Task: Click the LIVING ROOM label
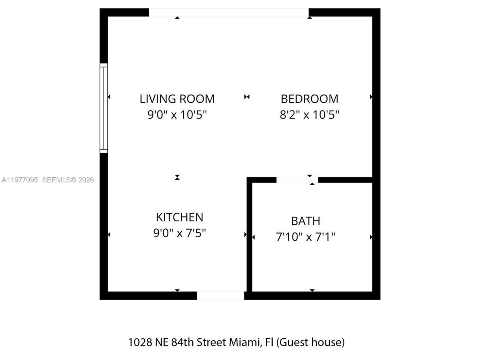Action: (x=177, y=99)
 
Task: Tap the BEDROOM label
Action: (x=309, y=99)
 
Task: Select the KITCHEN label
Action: (x=179, y=217)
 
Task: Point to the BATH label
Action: (x=306, y=221)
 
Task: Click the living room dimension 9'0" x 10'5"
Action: (x=177, y=114)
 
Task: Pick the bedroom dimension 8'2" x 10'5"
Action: (x=309, y=114)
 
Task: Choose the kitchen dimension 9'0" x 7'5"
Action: (x=179, y=233)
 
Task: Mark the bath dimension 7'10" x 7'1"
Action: (x=306, y=237)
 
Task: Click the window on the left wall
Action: (x=103, y=108)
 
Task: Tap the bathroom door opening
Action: (x=297, y=180)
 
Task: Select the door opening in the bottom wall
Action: (x=220, y=295)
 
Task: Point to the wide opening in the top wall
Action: (x=229, y=12)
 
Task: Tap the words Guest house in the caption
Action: (x=311, y=342)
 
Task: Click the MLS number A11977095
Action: (x=19, y=180)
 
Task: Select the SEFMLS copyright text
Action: (x=68, y=180)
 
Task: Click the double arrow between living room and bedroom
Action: (x=247, y=97)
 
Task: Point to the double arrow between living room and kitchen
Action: (x=177, y=177)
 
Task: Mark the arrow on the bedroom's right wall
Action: (x=371, y=97)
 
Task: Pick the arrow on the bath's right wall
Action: (x=371, y=237)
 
